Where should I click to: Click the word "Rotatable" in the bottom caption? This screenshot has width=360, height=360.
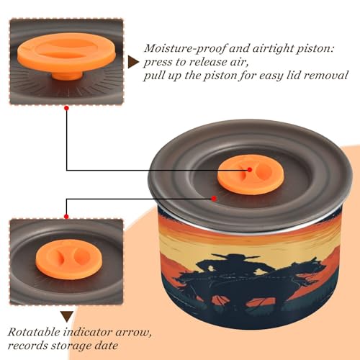(x=35, y=332)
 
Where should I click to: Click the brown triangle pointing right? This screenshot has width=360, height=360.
(x=133, y=62)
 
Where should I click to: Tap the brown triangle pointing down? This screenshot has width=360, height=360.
(x=67, y=317)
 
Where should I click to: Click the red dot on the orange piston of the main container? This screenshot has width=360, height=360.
(x=250, y=170)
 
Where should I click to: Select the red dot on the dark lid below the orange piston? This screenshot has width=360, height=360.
(x=214, y=199)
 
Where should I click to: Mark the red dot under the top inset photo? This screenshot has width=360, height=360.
(x=67, y=108)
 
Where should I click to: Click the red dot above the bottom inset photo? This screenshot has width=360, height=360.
(x=66, y=217)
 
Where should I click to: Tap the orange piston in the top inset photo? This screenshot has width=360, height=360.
(x=67, y=56)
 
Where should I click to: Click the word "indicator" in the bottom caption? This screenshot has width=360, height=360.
(x=89, y=332)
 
